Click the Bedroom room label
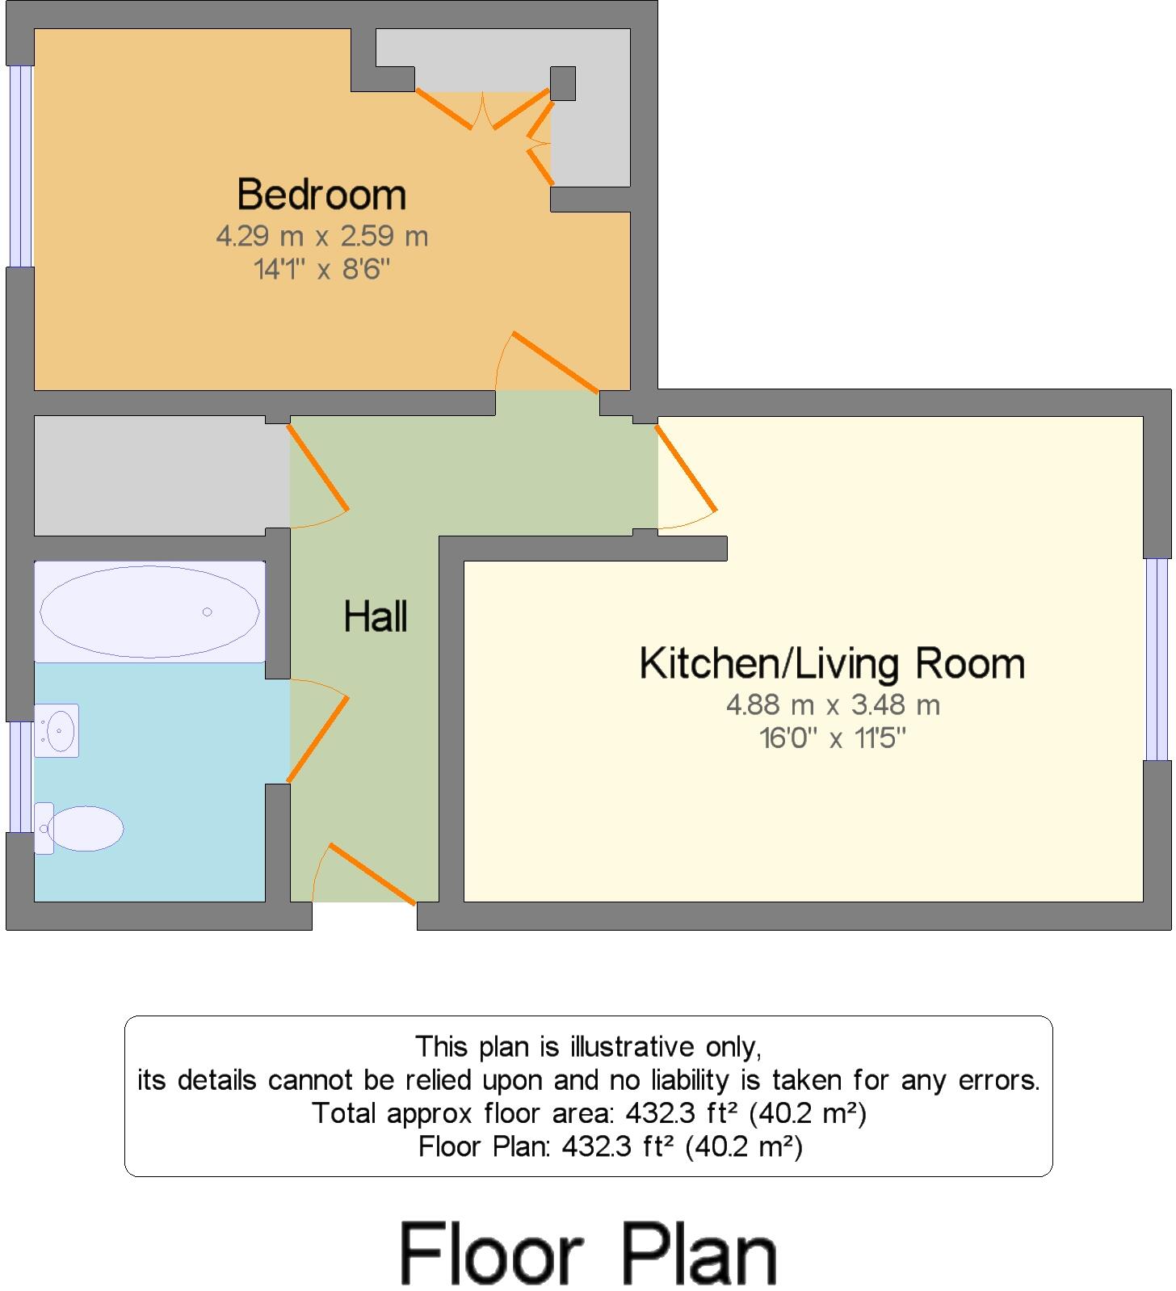tap(321, 195)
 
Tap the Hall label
tap(376, 617)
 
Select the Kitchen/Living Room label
tap(832, 664)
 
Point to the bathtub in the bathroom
tap(150, 612)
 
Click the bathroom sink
tap(57, 730)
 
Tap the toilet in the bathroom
tap(81, 828)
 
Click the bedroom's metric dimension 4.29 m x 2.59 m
tap(321, 237)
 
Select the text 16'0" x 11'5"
tap(833, 738)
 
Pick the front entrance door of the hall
tap(372, 874)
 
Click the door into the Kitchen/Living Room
tap(686, 469)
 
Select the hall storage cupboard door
tap(318, 468)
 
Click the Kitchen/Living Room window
tap(1157, 658)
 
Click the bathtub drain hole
tap(208, 612)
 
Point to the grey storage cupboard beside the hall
tap(153, 475)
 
